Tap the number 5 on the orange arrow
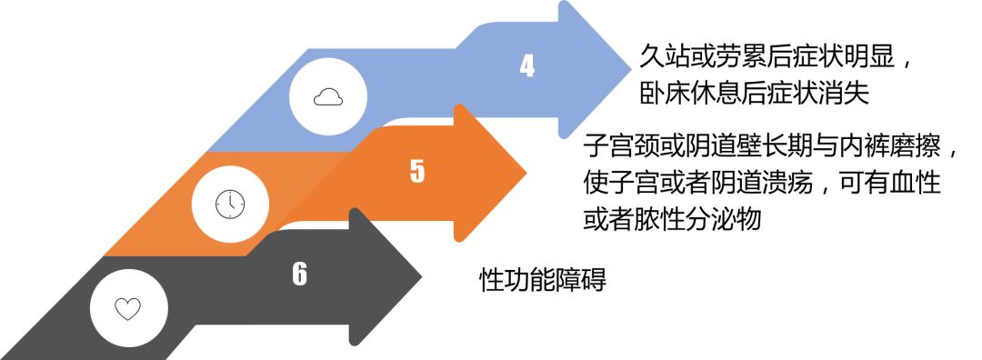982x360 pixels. pyautogui.click(x=417, y=171)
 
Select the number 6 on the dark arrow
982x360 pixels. pyautogui.click(x=300, y=274)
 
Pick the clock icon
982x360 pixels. pyautogui.click(x=230, y=205)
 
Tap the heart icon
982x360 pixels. pyautogui.click(x=127, y=308)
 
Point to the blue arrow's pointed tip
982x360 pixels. pyautogui.click(x=629, y=68)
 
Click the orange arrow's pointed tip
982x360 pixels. pyautogui.click(x=526, y=172)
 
